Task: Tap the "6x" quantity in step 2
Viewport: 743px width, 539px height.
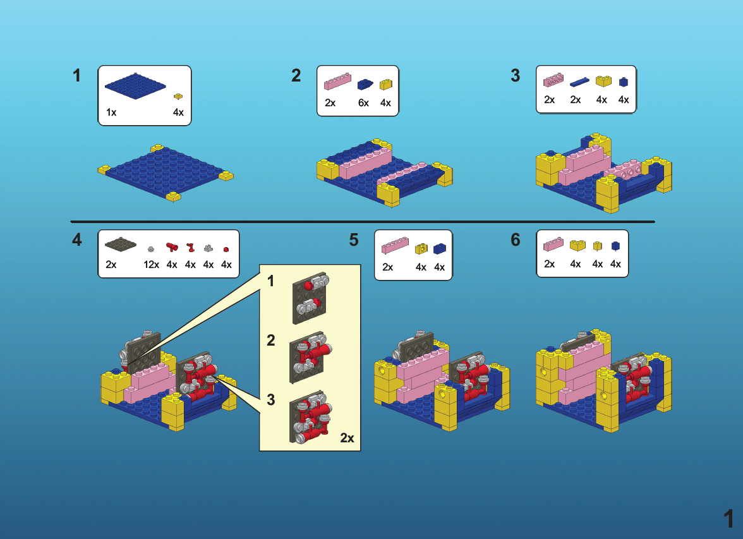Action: point(363,103)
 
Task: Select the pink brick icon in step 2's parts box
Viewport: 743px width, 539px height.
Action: point(337,82)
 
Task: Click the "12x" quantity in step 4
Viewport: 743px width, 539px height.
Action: point(151,265)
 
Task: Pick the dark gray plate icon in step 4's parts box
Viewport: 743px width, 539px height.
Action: point(120,245)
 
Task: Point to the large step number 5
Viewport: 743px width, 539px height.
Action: point(354,240)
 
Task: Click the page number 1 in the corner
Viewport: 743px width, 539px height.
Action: point(728,519)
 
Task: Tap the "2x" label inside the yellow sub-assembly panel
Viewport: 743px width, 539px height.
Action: point(347,438)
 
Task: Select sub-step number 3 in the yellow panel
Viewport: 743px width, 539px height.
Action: point(271,399)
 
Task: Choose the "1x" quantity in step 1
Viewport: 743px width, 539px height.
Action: point(111,112)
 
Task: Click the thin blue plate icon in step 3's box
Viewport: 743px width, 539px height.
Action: point(579,82)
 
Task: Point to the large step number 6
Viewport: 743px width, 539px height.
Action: point(516,240)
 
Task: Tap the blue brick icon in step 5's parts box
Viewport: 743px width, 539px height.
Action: point(440,248)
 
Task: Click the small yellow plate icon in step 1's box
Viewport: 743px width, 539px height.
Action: point(178,97)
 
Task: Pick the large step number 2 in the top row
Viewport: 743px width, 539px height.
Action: point(296,76)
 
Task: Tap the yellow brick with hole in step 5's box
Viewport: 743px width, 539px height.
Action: point(421,248)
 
